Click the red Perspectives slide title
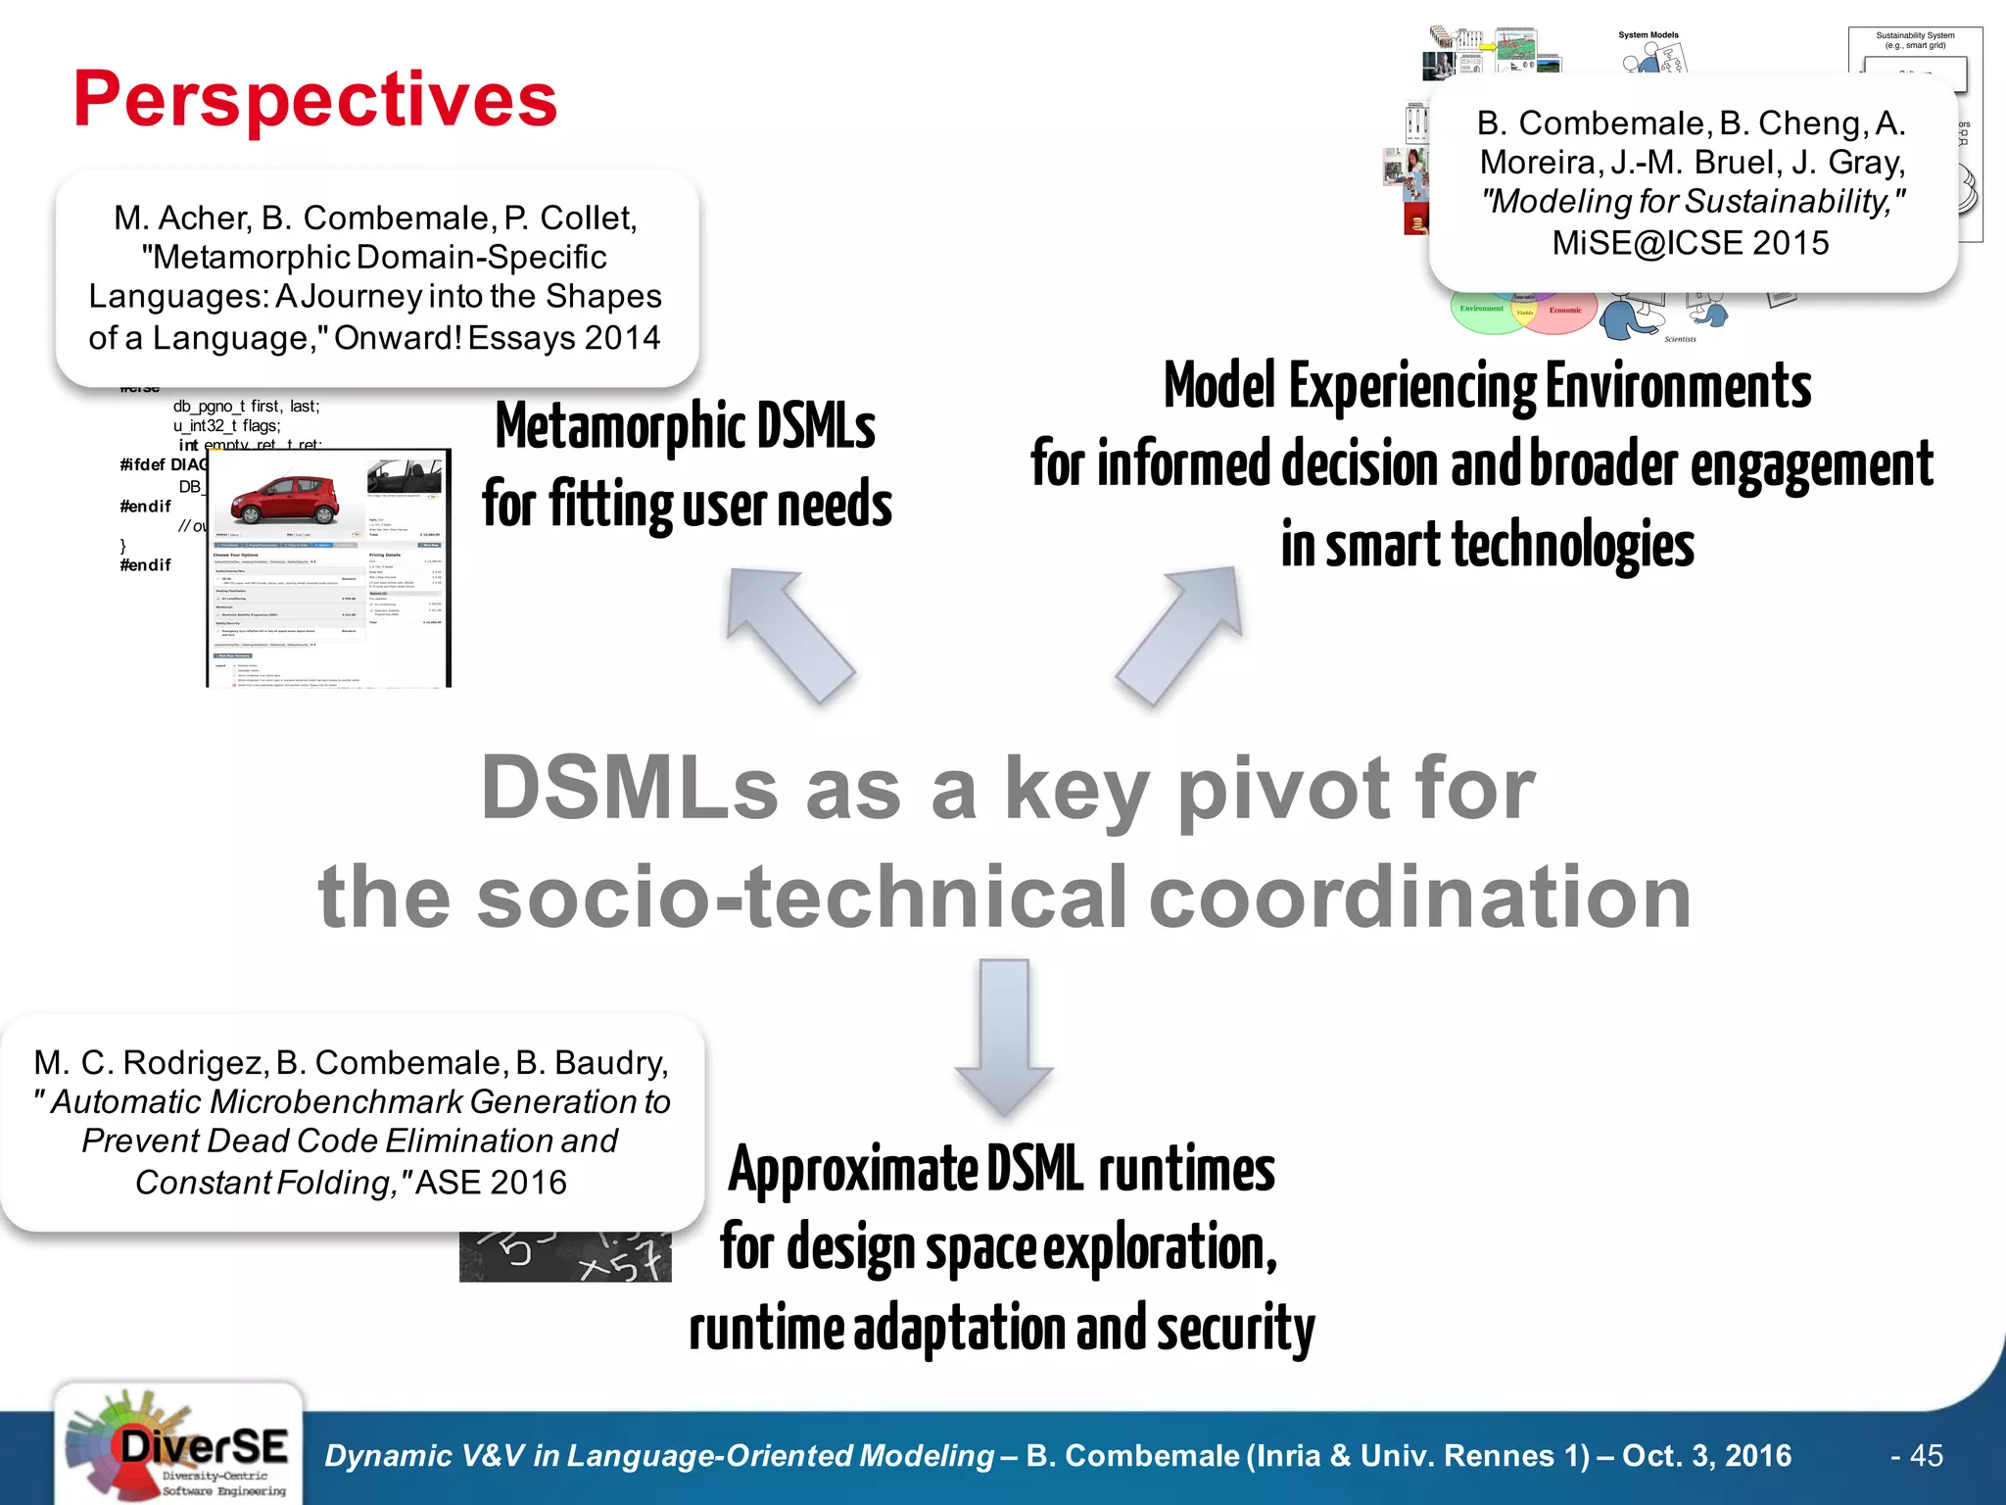[315, 100]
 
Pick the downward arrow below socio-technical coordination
[1004, 1037]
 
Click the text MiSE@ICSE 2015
[1691, 242]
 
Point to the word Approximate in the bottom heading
[852, 1170]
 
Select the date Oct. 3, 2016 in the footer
[1707, 1456]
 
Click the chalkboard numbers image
[565, 1257]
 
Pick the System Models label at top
[1648, 35]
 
